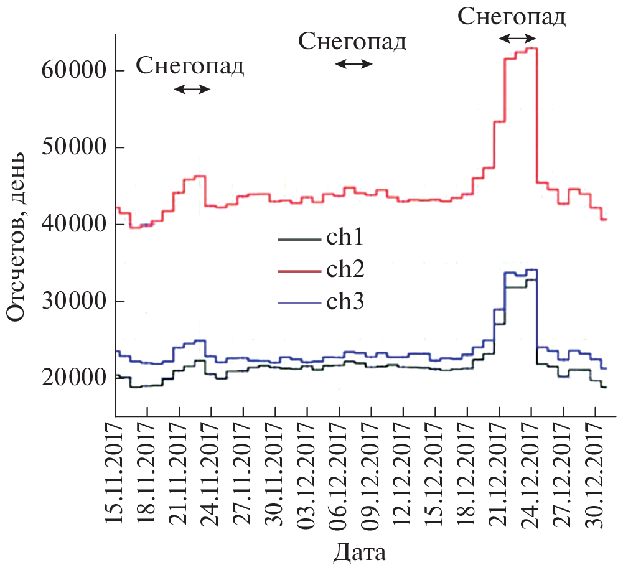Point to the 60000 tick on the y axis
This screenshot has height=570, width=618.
pyautogui.click(x=73, y=70)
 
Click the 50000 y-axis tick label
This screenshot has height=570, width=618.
pyautogui.click(x=73, y=147)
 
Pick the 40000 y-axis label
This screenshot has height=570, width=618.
pyautogui.click(x=73, y=224)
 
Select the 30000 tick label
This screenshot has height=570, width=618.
pyautogui.click(x=73, y=301)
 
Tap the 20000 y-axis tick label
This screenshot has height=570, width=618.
pyautogui.click(x=73, y=378)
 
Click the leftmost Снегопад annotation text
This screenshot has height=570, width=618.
pyautogui.click(x=190, y=65)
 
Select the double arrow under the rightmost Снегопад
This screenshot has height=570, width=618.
pyautogui.click(x=517, y=39)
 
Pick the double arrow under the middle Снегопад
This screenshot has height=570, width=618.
pyautogui.click(x=354, y=63)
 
